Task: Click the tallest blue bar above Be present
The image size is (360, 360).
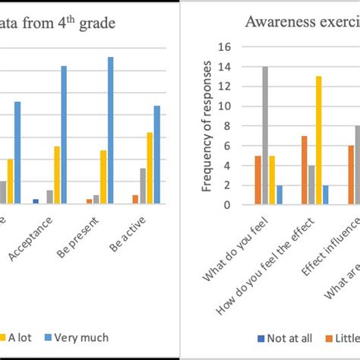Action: [110, 130]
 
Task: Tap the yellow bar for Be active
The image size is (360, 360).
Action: [150, 168]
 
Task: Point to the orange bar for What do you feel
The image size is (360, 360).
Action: [257, 180]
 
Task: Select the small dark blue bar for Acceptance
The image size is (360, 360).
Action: [36, 201]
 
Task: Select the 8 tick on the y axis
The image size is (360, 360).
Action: [226, 126]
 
